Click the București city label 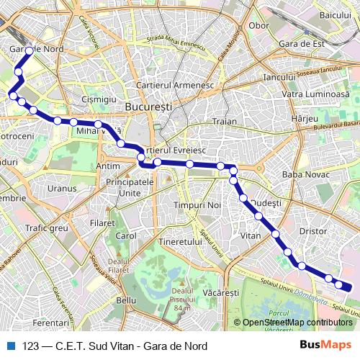click(x=148, y=106)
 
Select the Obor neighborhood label click(x=258, y=25)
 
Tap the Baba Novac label click(x=306, y=174)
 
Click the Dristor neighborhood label click(x=313, y=231)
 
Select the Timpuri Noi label click(x=196, y=206)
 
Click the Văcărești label click(x=221, y=293)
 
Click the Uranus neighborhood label click(x=61, y=189)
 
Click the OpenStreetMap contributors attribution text click(x=297, y=323)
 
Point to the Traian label click(x=225, y=122)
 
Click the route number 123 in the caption click(x=31, y=346)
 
